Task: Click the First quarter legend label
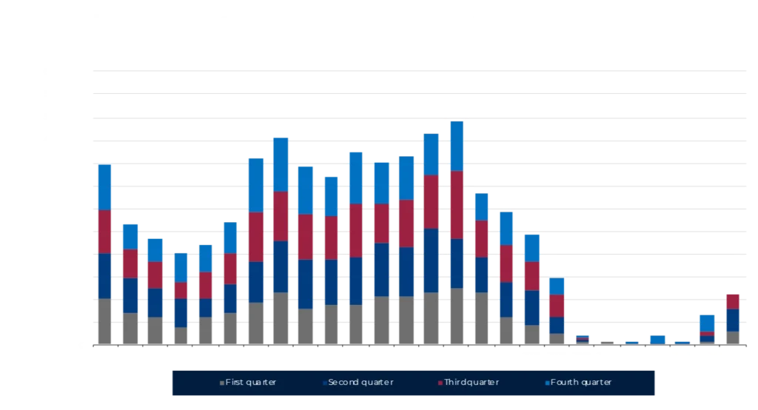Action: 252,383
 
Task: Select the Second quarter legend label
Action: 360,383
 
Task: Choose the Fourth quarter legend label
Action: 581,383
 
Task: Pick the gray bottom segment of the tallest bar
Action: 457,316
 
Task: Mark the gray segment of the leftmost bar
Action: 104,321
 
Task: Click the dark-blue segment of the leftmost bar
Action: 104,276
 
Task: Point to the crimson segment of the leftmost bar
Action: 104,232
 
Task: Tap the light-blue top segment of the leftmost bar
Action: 104,186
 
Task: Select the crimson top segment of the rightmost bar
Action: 731,300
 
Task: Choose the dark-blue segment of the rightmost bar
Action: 731,320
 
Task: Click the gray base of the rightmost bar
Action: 731,337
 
